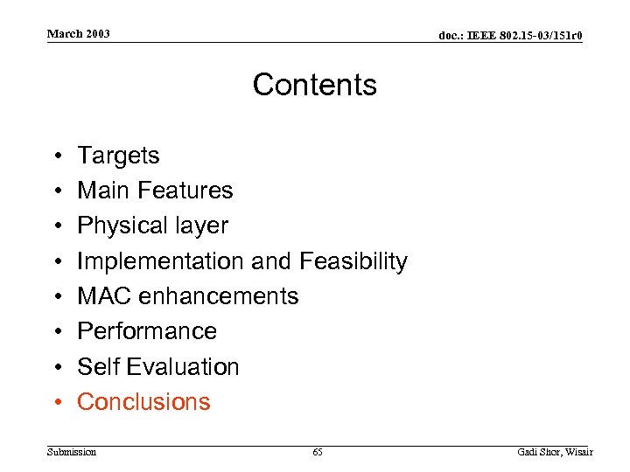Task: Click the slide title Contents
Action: coord(315,85)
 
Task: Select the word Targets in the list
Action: coord(118,156)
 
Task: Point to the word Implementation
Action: coord(161,261)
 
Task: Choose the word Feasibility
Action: coord(353,261)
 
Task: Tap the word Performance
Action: coord(147,331)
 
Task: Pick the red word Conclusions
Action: coord(143,402)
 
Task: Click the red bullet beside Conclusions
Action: coord(56,402)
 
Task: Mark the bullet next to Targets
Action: coord(56,156)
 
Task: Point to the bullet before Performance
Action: coord(56,331)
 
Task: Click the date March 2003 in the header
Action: coord(79,34)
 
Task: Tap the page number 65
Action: coord(317,452)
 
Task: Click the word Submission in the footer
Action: coord(72,452)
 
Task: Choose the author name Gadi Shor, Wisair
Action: coord(555,452)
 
